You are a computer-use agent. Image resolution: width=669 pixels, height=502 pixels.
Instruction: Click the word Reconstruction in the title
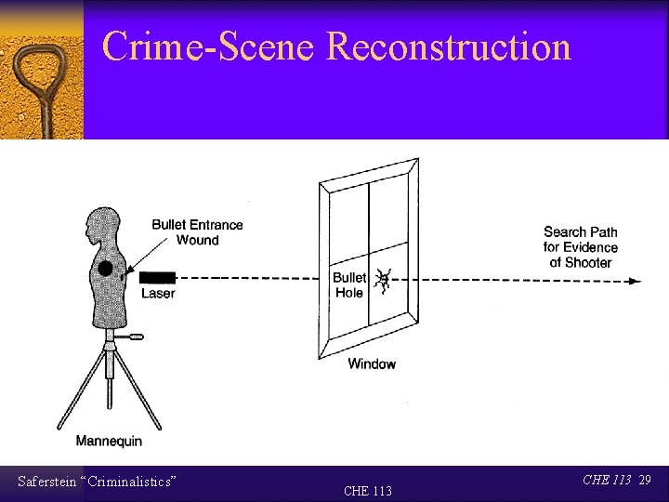[449, 46]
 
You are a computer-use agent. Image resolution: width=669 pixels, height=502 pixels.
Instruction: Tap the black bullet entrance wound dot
[105, 269]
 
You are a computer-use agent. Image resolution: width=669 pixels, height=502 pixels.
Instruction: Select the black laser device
[157, 277]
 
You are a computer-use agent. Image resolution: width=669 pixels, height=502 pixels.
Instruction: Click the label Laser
[158, 294]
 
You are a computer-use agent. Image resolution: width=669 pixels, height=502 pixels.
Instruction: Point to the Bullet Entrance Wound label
[197, 232]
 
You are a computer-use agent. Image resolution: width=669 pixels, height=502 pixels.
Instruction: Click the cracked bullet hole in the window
[383, 279]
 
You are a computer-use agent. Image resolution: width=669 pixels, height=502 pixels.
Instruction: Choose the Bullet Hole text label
[349, 284]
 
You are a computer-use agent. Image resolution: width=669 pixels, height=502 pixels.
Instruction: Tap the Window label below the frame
[372, 363]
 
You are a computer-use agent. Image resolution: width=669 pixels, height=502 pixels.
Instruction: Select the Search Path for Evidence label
[581, 247]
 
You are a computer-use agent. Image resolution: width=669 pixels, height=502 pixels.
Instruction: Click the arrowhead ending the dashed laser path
[635, 281]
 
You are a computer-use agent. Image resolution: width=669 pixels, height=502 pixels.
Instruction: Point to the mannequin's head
[99, 226]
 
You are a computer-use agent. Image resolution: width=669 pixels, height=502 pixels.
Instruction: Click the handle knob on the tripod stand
[137, 337]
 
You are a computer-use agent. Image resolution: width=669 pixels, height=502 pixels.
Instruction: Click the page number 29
[645, 480]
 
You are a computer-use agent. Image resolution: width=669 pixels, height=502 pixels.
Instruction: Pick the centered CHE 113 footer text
[368, 491]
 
